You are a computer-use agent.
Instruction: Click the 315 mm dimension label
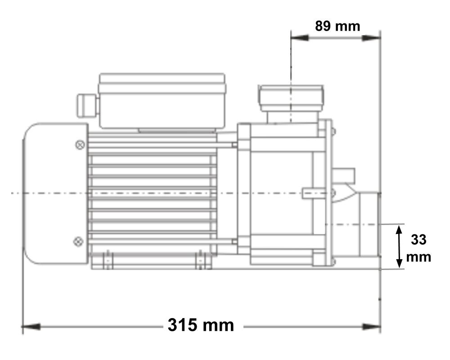click(x=201, y=325)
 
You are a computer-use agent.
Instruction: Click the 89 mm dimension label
click(x=337, y=26)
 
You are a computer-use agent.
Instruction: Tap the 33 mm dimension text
click(x=418, y=248)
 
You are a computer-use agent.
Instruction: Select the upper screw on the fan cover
click(x=80, y=145)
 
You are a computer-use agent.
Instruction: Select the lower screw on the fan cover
click(x=78, y=242)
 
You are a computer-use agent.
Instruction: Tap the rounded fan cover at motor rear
click(x=54, y=193)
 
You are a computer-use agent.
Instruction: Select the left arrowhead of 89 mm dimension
click(x=300, y=38)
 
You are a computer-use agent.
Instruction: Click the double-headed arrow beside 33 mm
click(x=399, y=247)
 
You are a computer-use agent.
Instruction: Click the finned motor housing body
click(x=153, y=193)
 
